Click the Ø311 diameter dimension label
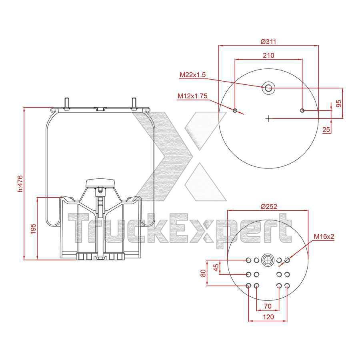268,42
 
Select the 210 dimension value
268,55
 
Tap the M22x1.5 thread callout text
193,75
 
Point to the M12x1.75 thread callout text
192,96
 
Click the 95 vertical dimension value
339,103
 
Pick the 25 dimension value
326,130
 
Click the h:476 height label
20,184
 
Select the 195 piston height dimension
34,229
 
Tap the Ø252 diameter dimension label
269,206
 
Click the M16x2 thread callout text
324,236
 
